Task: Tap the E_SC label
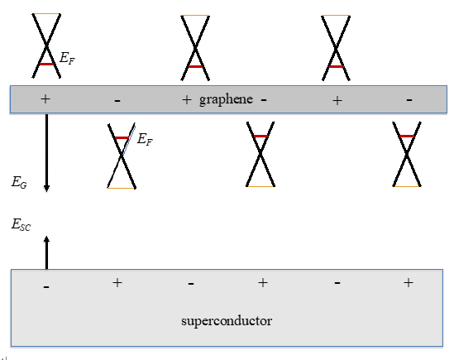pyautogui.click(x=21, y=223)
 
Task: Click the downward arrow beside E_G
pyautogui.click(x=46, y=152)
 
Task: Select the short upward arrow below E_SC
pyautogui.click(x=46, y=252)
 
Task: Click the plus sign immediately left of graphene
pyautogui.click(x=186, y=99)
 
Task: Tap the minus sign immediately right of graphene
pyautogui.click(x=263, y=99)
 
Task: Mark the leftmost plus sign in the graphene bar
pyautogui.click(x=45, y=98)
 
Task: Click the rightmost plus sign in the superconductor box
pyautogui.click(x=408, y=283)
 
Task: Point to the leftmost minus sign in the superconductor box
pyautogui.click(x=45, y=286)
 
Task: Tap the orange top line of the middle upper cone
pyautogui.click(x=194, y=15)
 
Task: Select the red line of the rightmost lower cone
pyautogui.click(x=407, y=137)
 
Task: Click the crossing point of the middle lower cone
pyautogui.click(x=261, y=155)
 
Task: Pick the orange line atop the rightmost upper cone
pyautogui.click(x=335, y=15)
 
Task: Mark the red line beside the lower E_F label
pyautogui.click(x=122, y=137)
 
